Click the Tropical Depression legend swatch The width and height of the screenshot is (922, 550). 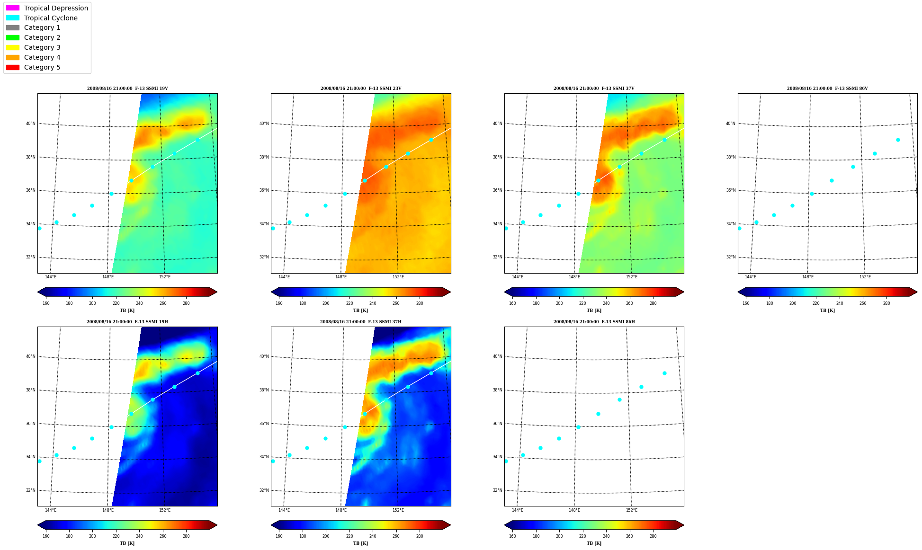(x=13, y=8)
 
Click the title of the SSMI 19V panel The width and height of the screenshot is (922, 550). (x=127, y=89)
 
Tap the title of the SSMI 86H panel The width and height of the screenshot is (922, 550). (x=594, y=322)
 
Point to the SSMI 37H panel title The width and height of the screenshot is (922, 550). (x=361, y=322)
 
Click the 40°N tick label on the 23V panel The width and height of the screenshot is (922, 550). (x=264, y=124)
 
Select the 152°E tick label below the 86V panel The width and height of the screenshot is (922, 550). (x=865, y=277)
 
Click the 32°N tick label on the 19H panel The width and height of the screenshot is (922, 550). (x=30, y=490)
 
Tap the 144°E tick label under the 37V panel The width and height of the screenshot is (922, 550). (x=518, y=277)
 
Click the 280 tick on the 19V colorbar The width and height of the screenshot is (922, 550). (x=186, y=303)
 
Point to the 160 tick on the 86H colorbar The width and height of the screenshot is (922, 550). (x=512, y=536)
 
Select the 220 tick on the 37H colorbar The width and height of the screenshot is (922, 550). (x=349, y=536)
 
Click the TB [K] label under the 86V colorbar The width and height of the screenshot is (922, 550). (x=827, y=310)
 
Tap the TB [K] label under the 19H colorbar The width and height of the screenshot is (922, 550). (x=127, y=543)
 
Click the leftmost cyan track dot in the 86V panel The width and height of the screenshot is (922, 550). (x=740, y=228)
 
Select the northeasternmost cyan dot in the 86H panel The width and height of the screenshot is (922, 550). (x=664, y=373)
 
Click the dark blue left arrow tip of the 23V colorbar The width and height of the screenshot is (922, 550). (x=272, y=292)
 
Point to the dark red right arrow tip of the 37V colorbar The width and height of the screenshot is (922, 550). (x=683, y=292)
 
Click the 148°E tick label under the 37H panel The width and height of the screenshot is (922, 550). (x=341, y=510)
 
